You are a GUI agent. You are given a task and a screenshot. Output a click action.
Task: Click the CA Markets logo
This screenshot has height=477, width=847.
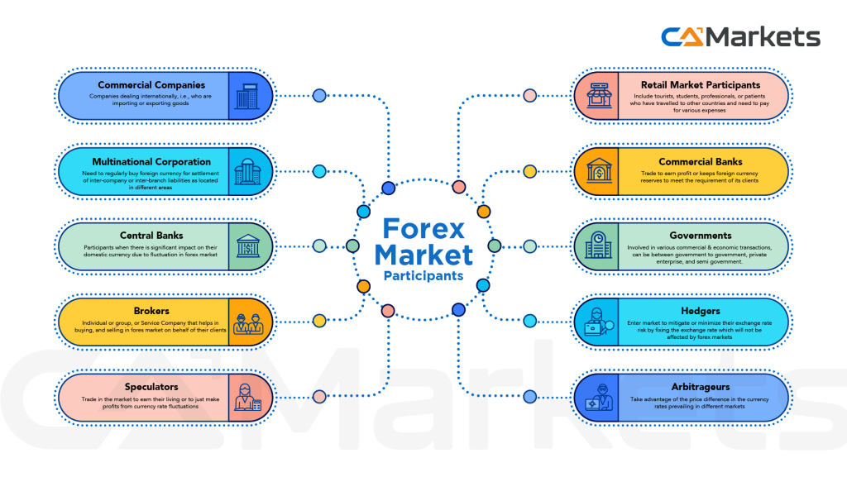coord(740,36)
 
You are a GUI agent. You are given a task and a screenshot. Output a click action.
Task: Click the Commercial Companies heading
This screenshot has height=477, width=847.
coord(151,84)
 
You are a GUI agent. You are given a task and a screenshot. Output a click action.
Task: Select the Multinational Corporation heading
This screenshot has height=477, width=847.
coord(151,161)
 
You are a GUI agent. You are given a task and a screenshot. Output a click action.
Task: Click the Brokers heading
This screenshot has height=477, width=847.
coord(151,311)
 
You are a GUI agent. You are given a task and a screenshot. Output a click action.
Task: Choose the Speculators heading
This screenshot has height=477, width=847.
coord(151,386)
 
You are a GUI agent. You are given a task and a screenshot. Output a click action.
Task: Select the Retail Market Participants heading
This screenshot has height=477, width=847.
coord(701,84)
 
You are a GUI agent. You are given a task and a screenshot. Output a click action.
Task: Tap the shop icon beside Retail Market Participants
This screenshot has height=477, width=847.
coord(597,96)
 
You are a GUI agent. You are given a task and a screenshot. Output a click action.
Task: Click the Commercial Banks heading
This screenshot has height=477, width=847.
coord(701,161)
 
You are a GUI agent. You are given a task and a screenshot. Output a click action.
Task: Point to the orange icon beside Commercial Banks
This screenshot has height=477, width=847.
coord(597,172)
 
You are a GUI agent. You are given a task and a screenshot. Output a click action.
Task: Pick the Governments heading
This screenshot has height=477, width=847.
coord(701,235)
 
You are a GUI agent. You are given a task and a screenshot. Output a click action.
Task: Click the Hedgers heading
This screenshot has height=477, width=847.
coord(701,311)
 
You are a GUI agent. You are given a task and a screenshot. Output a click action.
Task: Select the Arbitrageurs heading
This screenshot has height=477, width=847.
coord(701,386)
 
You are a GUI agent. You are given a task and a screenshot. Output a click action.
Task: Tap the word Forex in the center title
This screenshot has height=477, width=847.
coord(424,228)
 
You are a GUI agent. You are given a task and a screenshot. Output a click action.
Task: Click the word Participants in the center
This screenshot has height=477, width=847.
coord(423,275)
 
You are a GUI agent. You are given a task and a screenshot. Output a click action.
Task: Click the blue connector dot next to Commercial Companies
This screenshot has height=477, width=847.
coord(319,96)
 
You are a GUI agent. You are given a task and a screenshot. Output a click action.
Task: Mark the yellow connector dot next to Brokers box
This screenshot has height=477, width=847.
coord(319,321)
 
